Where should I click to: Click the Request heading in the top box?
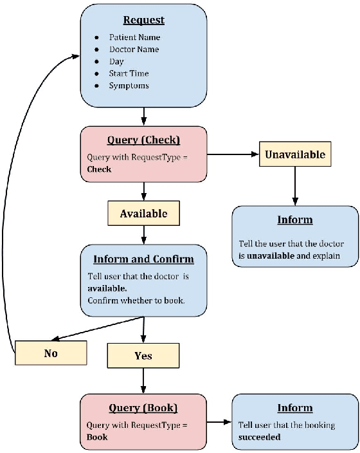pos(144,20)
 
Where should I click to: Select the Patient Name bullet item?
pos(134,37)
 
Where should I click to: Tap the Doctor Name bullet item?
pos(134,50)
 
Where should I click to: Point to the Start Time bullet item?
pos(129,73)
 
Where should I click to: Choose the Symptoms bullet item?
pos(129,86)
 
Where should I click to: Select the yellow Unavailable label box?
pos(296,154)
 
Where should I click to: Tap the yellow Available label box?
pos(143,214)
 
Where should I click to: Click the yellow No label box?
pos(50,353)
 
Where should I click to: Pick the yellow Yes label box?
pos(143,355)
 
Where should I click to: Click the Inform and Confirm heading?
pos(143,259)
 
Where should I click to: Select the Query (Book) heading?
pos(143,407)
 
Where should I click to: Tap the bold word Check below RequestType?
pos(99,169)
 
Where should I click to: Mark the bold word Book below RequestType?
pos(97,436)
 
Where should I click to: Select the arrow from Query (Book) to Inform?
pos(219,423)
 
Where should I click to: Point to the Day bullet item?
pos(116,62)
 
